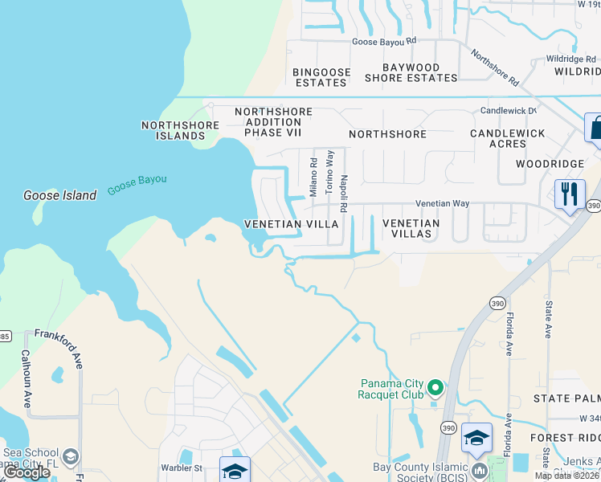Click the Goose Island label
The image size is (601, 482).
59,194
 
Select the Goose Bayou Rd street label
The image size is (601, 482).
384,41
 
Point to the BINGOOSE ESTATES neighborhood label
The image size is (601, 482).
322,77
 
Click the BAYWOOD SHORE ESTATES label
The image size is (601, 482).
411,72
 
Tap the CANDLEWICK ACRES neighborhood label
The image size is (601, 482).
508,138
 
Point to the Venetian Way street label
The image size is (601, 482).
442,204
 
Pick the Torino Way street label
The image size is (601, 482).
329,171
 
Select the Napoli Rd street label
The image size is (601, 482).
344,193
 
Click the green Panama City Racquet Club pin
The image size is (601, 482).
435,388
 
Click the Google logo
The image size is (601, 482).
27,472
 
